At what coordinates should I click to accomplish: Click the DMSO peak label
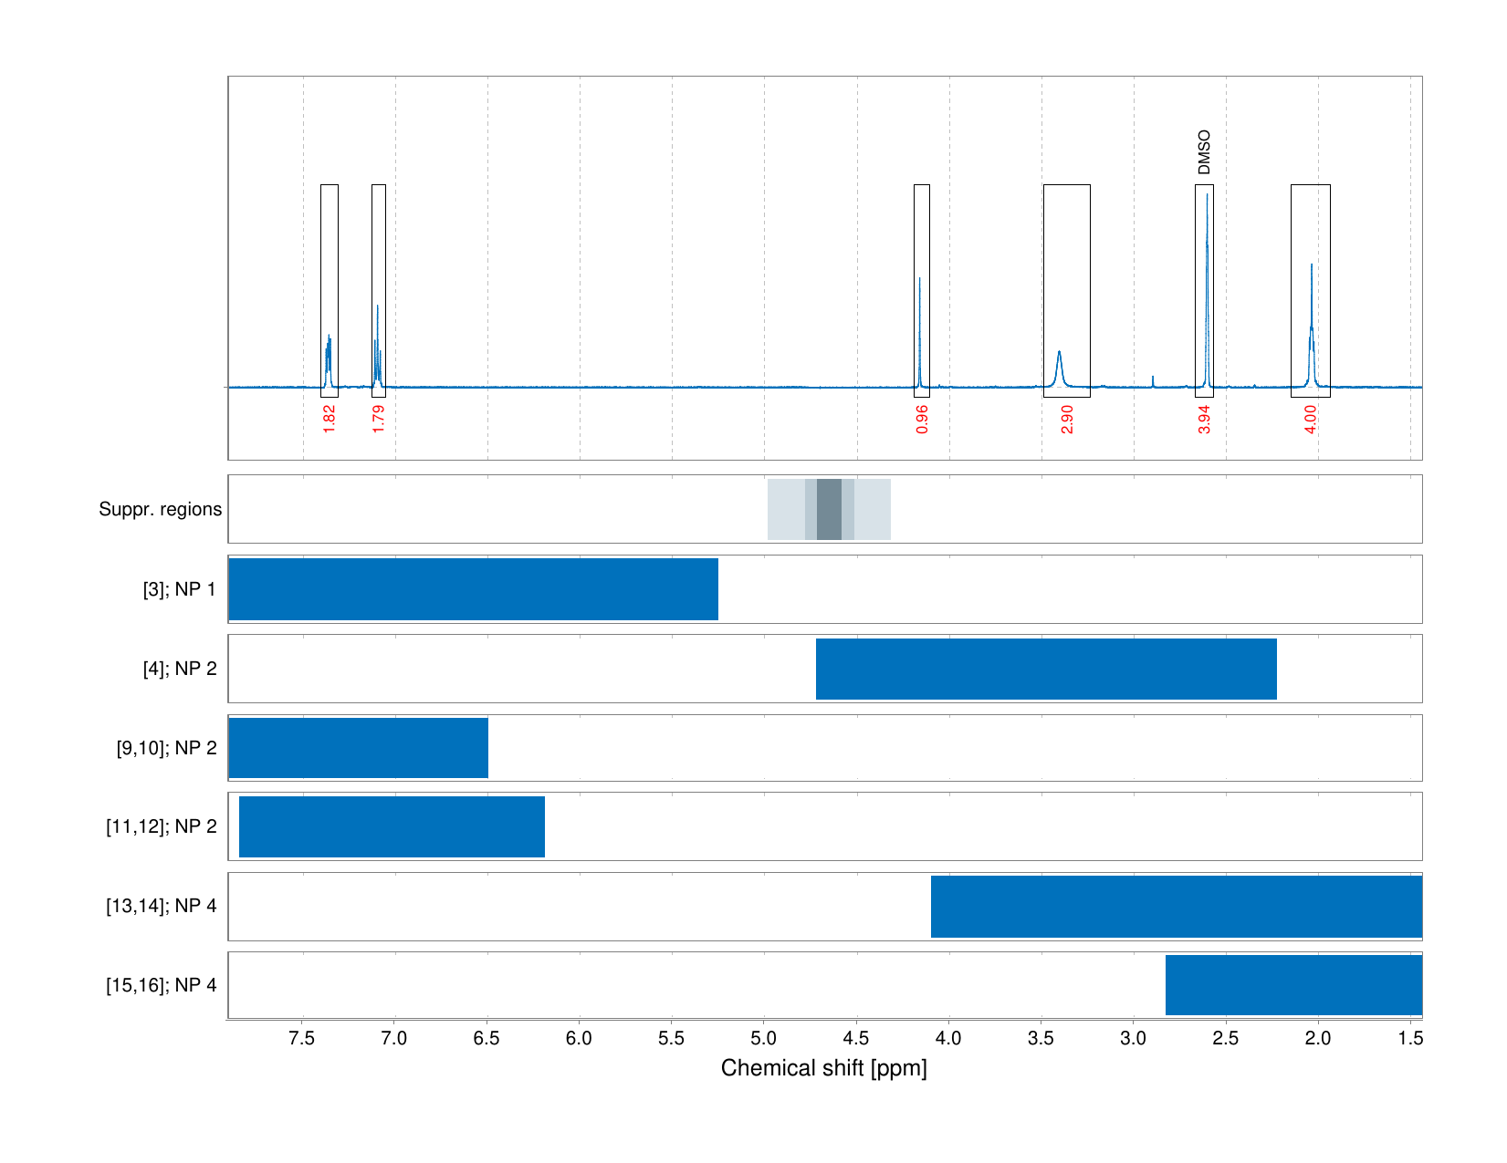(1204, 152)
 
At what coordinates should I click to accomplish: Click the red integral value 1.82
(330, 419)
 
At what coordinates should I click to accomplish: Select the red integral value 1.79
(379, 419)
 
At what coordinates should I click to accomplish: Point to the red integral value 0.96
(922, 419)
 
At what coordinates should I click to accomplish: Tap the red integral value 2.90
(1067, 419)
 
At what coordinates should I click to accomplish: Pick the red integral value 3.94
(1205, 419)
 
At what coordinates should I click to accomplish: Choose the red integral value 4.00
(1311, 419)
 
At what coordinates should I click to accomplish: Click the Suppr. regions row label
(160, 509)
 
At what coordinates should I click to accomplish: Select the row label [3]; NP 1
(179, 589)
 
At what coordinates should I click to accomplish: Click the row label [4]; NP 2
(179, 669)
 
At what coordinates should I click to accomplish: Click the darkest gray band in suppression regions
(829, 509)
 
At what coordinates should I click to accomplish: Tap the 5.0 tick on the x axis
(764, 1038)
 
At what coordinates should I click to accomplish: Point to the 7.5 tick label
(302, 1038)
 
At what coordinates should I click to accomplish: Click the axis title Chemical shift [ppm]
(823, 1068)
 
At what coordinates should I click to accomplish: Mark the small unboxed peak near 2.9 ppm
(1153, 379)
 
